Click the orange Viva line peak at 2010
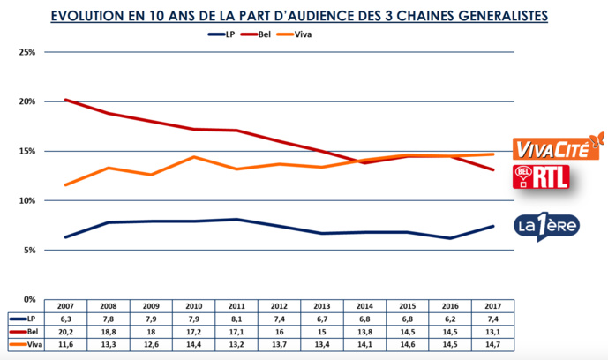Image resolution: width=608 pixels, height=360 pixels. (x=195, y=157)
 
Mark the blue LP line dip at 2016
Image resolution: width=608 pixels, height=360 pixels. (x=451, y=238)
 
